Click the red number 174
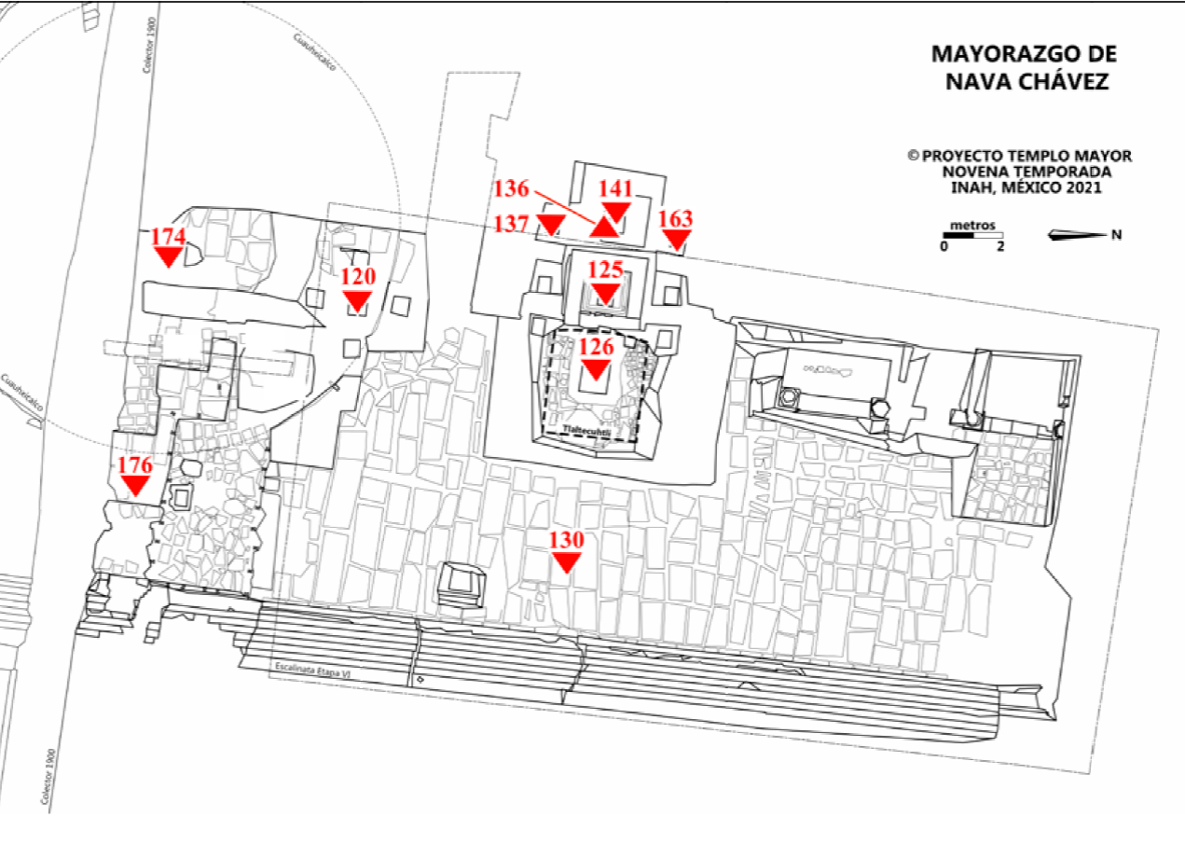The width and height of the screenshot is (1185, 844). pos(169,236)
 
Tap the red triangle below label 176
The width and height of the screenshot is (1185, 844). pos(135,485)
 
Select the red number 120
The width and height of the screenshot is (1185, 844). pos(357,276)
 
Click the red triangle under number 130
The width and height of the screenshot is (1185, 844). pos(566,560)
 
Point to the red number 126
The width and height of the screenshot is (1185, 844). pos(597,347)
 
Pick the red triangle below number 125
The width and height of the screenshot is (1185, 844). pos(606,295)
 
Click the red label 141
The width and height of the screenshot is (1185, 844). pos(615,188)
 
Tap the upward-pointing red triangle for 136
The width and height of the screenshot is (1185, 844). pos(605,227)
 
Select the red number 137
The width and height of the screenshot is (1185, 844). pos(512,224)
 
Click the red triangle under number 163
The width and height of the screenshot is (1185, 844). pos(676,241)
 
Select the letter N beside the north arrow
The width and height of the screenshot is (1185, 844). pos(1116,234)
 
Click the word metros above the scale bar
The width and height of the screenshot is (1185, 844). pos(971,226)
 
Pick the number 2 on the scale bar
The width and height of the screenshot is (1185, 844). pos(1000,247)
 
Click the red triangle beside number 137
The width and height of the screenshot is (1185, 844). pos(552,224)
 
